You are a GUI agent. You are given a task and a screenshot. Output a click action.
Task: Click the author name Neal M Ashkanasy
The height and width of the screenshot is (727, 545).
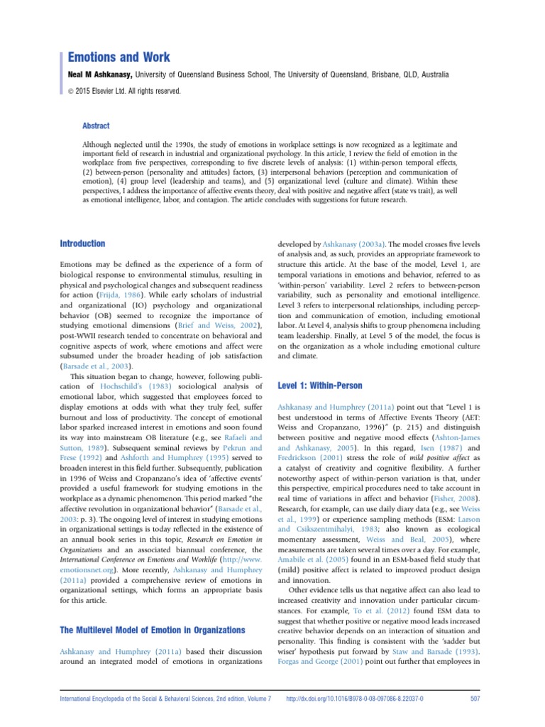[x=99, y=75]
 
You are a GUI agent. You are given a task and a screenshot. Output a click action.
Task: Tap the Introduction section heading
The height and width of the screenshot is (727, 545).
[x=82, y=244]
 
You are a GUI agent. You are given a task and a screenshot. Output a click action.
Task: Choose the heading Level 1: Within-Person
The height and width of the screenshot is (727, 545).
[x=320, y=386]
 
